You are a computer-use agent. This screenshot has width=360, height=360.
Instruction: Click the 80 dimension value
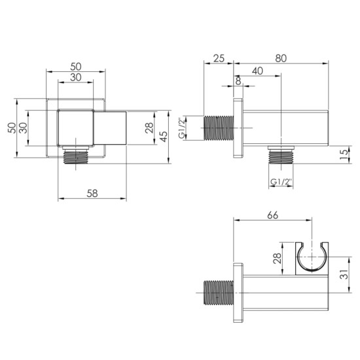tap(281, 58)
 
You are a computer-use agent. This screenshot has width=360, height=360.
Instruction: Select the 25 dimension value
tap(219, 58)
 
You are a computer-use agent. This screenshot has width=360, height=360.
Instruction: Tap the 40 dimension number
tap(257, 71)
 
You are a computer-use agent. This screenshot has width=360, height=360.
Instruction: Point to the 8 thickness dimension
tap(238, 81)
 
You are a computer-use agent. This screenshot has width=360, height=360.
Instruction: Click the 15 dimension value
tap(344, 155)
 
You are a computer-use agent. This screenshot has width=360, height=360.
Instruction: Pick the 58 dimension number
tap(92, 193)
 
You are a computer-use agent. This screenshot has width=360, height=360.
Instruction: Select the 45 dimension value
tap(163, 137)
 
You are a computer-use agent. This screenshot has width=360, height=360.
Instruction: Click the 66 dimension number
tap(272, 215)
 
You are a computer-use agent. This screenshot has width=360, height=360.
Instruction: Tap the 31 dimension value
tap(344, 274)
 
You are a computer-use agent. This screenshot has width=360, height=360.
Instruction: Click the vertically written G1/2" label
tap(182, 128)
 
